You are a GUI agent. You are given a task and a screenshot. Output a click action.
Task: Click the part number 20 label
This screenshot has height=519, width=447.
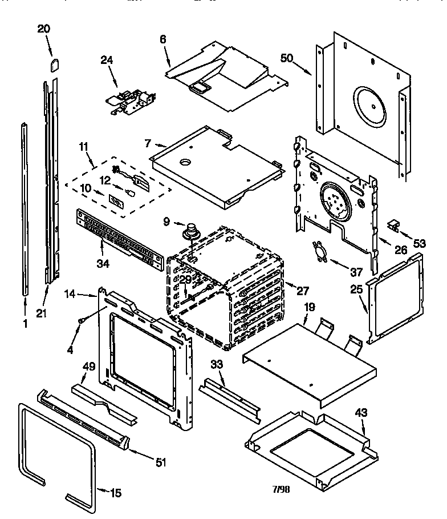click(44, 30)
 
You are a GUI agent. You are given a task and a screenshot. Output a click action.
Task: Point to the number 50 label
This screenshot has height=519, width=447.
click(287, 58)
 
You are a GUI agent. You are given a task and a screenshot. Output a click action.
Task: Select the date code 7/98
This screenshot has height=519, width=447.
click(282, 489)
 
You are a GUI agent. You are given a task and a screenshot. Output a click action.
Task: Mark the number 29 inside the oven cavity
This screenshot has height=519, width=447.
click(186, 280)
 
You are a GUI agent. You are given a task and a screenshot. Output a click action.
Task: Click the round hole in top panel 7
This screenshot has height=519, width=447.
click(185, 163)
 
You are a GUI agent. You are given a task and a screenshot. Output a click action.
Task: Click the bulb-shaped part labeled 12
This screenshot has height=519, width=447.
click(131, 193)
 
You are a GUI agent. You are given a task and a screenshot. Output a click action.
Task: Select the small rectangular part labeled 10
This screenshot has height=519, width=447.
click(115, 202)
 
